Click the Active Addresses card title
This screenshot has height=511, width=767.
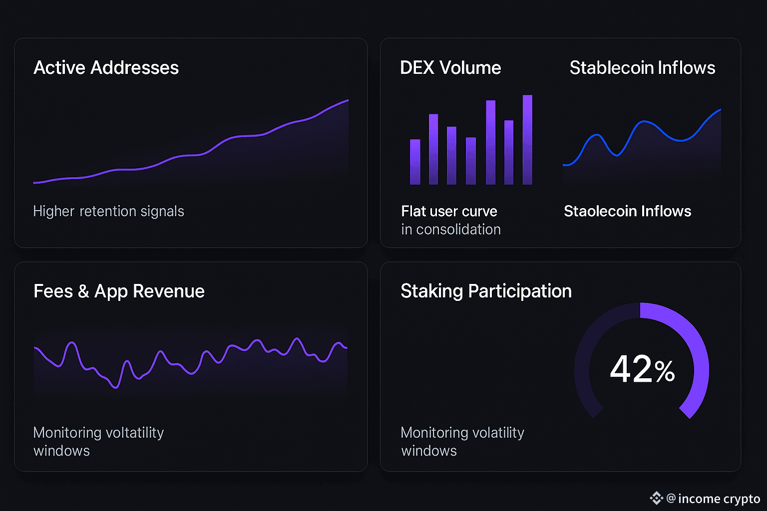(x=106, y=68)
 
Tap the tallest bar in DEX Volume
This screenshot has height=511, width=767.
(x=527, y=140)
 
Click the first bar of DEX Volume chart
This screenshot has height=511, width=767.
(x=415, y=162)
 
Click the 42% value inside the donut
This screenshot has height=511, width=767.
(x=642, y=370)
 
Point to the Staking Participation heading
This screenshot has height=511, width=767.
(x=486, y=291)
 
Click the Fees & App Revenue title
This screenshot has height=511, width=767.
(x=119, y=291)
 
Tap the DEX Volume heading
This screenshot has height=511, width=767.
(x=450, y=68)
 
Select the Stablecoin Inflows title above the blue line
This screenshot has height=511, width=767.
(x=642, y=68)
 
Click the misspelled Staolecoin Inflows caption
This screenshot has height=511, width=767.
(x=627, y=212)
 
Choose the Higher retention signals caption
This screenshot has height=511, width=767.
(x=108, y=212)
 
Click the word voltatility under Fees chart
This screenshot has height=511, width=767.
(x=134, y=433)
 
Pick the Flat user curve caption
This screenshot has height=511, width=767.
(x=449, y=212)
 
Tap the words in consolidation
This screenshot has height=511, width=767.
(x=450, y=230)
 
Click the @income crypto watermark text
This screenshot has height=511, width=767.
(x=713, y=499)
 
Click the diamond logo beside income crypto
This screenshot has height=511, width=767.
(x=656, y=498)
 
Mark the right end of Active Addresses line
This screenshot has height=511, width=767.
(x=348, y=100)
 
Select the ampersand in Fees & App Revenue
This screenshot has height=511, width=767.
(x=83, y=291)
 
